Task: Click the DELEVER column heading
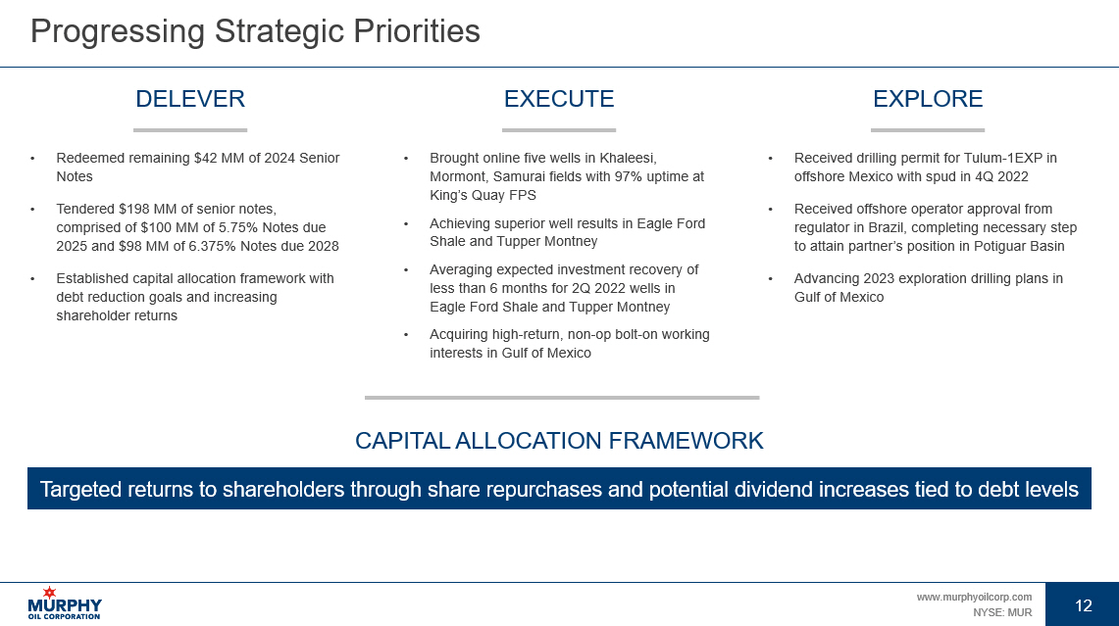190,98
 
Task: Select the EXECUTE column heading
559,98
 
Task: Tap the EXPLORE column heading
928,98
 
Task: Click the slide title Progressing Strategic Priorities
255,32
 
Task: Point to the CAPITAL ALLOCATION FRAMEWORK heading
559,441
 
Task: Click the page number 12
1084,605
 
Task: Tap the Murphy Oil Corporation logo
65,603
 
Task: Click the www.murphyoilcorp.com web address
974,597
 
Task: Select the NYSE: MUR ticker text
1002,612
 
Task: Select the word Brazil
879,227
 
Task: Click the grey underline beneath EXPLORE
928,129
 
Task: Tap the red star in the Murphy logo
49,593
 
